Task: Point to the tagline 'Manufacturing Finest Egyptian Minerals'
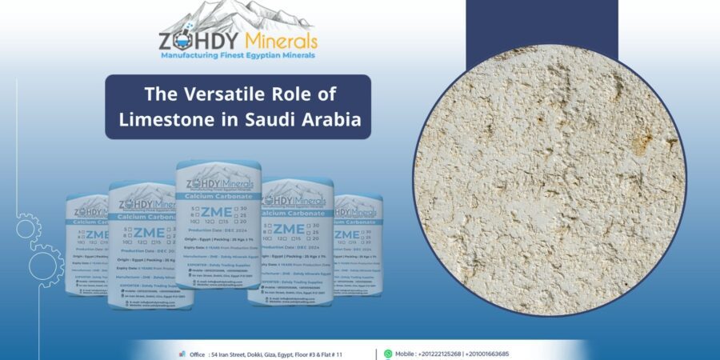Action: coord(238,55)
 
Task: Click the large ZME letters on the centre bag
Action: coord(217,212)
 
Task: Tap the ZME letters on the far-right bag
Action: coord(348,234)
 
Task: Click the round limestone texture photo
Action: coord(550,179)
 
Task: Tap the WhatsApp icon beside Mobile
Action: coord(388,354)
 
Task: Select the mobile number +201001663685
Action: coord(504,354)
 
